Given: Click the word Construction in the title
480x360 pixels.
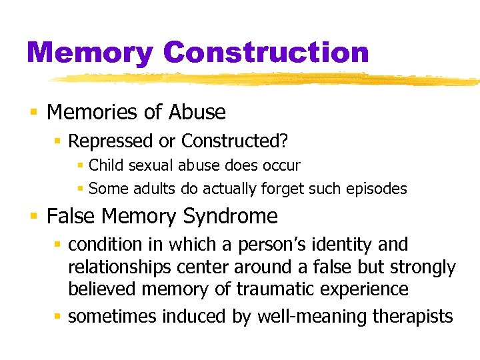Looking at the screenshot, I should point(265,53).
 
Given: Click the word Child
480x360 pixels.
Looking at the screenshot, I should point(107,165).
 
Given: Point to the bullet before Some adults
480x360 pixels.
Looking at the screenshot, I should point(79,189).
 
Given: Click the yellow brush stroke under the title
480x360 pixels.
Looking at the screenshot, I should point(267,79).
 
